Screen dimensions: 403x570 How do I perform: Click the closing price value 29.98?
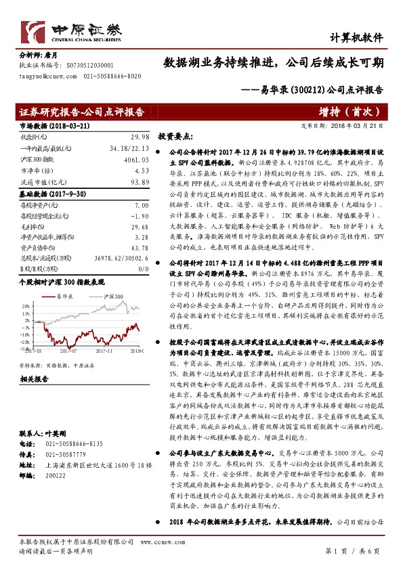(x=139, y=135)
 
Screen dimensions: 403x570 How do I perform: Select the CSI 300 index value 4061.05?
(x=136, y=160)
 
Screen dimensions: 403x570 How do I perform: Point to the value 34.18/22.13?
(x=129, y=148)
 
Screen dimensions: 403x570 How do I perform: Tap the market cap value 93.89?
(x=139, y=182)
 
